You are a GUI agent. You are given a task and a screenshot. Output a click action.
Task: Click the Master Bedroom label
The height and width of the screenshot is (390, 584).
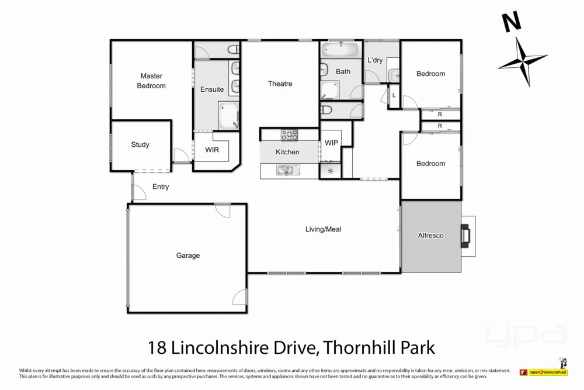(151, 81)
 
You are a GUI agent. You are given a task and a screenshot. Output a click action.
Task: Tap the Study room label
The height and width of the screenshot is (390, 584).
(140, 144)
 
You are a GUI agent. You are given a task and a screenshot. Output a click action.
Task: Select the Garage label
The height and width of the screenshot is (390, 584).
(188, 256)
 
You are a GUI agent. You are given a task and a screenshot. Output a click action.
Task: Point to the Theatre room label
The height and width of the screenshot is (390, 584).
(280, 84)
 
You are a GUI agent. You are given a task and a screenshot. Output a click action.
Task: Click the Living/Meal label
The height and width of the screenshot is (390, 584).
(323, 229)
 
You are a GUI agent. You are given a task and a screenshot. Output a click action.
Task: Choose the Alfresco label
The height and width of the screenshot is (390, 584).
(430, 236)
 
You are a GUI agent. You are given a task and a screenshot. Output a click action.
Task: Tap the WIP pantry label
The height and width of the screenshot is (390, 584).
(331, 143)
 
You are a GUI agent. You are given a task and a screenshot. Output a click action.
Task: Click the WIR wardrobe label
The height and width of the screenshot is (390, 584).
(212, 150)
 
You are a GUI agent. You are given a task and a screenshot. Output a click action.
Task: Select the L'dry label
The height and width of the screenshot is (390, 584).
(375, 60)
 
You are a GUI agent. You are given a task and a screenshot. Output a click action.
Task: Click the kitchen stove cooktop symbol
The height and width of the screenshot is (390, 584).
(289, 135)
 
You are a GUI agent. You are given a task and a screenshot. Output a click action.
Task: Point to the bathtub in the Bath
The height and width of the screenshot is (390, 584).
(340, 48)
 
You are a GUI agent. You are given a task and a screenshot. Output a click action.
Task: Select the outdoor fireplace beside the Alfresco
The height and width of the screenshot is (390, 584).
(467, 236)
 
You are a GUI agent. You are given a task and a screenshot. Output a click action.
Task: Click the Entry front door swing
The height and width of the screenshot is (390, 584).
(139, 192)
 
